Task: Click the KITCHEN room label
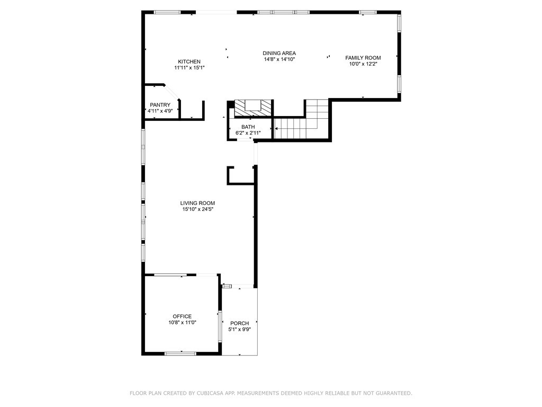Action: click(189, 61)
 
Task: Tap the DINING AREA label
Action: click(279, 54)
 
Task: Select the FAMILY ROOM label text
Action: click(363, 58)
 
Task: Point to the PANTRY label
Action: click(160, 105)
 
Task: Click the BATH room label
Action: click(248, 127)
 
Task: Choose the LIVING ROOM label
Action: click(197, 203)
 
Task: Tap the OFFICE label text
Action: click(182, 316)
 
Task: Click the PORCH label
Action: click(240, 323)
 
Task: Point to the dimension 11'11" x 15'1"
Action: click(189, 68)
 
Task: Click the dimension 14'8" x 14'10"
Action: click(279, 59)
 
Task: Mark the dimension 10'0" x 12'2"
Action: click(363, 64)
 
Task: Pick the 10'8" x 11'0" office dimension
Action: click(182, 322)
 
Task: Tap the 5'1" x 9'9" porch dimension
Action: click(240, 329)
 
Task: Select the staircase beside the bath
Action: click(301, 119)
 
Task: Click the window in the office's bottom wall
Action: click(180, 353)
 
